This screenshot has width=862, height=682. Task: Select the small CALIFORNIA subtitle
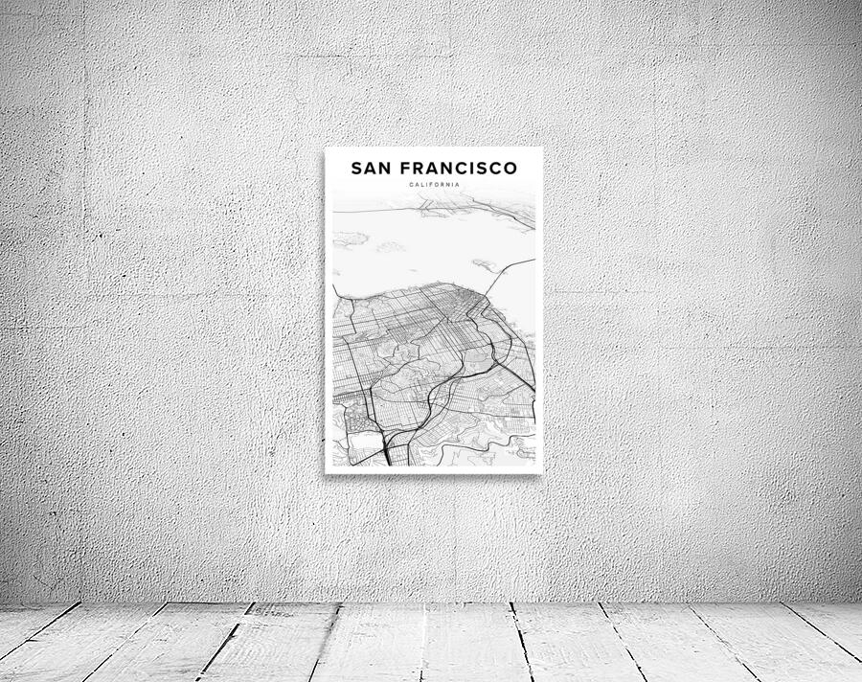tap(434, 185)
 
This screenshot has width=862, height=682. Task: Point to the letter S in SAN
tap(356, 169)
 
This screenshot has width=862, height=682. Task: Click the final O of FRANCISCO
tap(510, 169)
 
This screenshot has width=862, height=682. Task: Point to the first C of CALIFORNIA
tap(410, 185)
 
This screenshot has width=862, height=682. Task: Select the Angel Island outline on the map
tap(351, 239)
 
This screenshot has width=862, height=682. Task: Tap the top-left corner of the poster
tap(326, 148)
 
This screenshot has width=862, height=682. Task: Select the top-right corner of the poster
tap(542, 148)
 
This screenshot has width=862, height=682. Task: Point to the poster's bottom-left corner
tap(326, 472)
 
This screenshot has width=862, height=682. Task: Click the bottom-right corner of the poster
tap(542, 472)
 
